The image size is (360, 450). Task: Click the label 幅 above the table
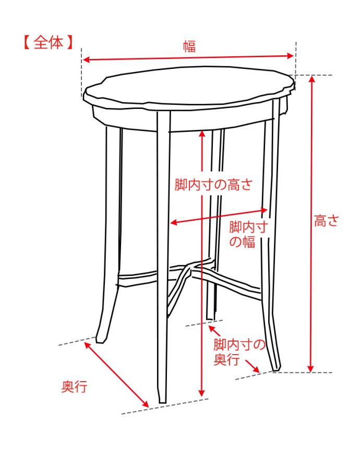tap(189, 46)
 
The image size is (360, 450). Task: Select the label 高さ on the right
tap(327, 221)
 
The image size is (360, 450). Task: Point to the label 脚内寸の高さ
tap(213, 184)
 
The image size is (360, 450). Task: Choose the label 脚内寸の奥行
tap(239, 352)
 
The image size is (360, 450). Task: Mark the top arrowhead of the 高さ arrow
tap(312, 79)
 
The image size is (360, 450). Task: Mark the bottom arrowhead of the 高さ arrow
tap(312, 369)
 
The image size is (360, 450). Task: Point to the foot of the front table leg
tap(162, 399)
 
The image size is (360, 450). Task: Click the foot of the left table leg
tap(101, 338)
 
